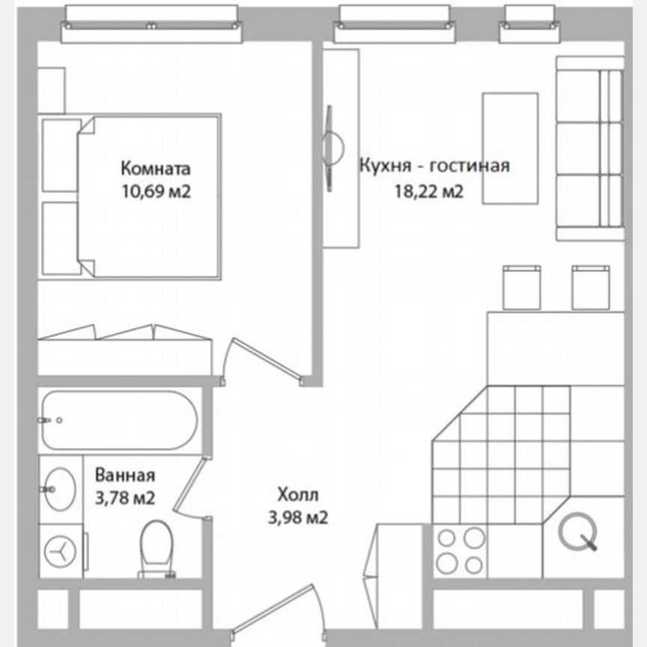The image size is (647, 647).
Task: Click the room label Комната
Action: pos(156,168)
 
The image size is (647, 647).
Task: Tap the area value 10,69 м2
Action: pos(156,191)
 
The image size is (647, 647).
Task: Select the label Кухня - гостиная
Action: pos(434,165)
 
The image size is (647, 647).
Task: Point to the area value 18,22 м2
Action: pos(428,192)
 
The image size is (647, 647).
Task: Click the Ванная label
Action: pos(124,475)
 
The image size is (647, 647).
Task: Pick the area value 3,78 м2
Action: pos(124,497)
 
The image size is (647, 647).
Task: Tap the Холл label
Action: pos(297,494)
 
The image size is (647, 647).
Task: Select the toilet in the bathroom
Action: pos(157,549)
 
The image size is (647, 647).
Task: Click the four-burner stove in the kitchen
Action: pos(461,550)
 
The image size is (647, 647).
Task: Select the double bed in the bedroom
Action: pos(150,196)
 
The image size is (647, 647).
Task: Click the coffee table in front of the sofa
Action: pos(510,148)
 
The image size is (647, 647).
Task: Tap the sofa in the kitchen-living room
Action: pos(590,149)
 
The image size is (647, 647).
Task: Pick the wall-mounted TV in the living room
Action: pos(329,147)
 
